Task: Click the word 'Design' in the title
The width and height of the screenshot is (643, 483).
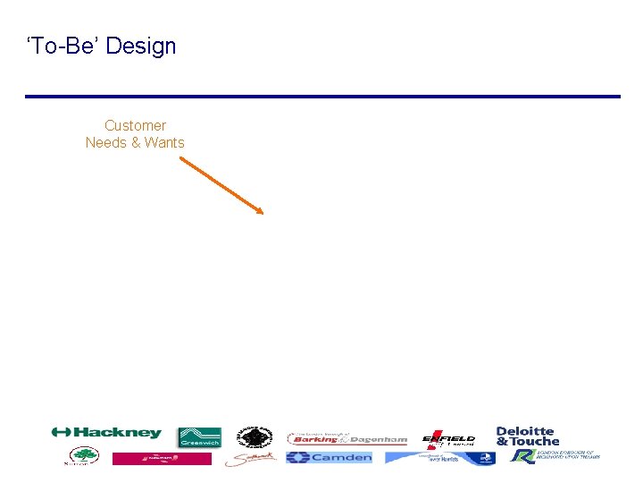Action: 140,47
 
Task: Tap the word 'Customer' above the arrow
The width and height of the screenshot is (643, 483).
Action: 135,126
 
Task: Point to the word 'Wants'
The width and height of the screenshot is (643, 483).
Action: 163,143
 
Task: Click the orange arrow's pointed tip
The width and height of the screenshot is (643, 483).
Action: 263,213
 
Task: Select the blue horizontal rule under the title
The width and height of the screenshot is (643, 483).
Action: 321,97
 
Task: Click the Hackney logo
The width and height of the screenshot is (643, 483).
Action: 106,433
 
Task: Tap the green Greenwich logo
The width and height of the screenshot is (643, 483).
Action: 199,436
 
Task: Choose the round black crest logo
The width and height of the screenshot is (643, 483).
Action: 254,436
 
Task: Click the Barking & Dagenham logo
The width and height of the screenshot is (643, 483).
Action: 347,439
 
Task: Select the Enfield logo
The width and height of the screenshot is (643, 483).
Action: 448,438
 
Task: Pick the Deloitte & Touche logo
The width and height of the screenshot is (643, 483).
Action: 528,436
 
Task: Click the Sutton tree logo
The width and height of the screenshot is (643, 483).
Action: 81,457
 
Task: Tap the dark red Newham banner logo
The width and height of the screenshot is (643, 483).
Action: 162,458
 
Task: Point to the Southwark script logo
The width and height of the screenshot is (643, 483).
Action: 250,459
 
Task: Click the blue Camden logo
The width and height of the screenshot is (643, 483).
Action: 329,457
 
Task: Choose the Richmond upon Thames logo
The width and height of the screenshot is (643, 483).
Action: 555,456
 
